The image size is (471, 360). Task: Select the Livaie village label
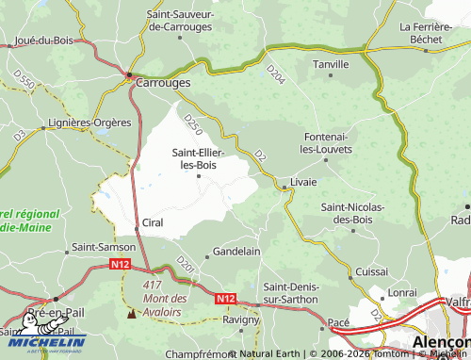(303, 179)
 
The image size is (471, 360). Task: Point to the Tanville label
(330, 64)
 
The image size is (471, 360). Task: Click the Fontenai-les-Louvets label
(326, 143)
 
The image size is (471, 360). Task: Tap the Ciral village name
(152, 223)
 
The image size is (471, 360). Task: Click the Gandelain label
(236, 252)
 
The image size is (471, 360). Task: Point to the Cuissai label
(373, 270)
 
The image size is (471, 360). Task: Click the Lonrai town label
(401, 293)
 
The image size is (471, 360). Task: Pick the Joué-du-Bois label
(44, 41)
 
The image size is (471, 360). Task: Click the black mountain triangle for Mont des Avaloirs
(130, 312)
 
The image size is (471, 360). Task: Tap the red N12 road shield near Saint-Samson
(119, 266)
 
